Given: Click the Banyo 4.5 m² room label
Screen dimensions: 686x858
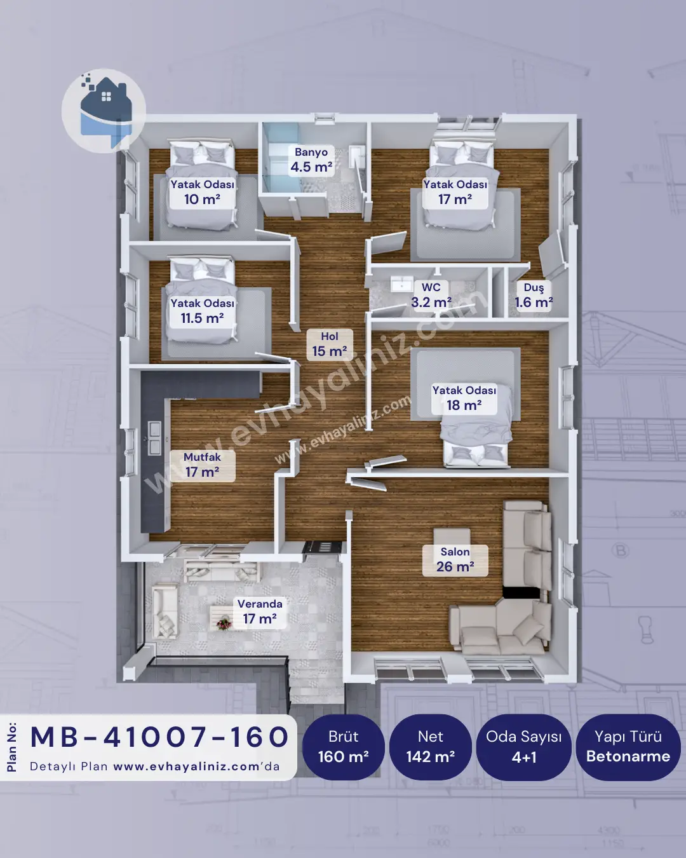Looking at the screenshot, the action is pyautogui.click(x=311, y=160).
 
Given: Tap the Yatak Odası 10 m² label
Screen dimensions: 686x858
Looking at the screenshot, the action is pyautogui.click(x=202, y=193).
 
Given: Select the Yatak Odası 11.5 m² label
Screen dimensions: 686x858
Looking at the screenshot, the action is pyautogui.click(x=202, y=311).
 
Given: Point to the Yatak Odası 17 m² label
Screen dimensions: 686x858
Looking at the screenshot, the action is pyautogui.click(x=455, y=193).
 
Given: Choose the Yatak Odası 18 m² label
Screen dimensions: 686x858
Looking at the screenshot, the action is pyautogui.click(x=464, y=398).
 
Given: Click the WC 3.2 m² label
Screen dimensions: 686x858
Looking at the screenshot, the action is pyautogui.click(x=431, y=296).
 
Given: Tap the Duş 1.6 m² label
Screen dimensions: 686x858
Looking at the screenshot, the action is pyautogui.click(x=534, y=296).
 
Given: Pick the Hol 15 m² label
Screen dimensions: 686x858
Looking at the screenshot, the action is pyautogui.click(x=330, y=344).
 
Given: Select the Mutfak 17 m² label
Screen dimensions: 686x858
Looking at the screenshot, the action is pyautogui.click(x=202, y=465).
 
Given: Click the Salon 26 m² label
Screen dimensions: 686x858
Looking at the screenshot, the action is pyautogui.click(x=455, y=560).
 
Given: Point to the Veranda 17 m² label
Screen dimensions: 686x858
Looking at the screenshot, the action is pyautogui.click(x=260, y=612).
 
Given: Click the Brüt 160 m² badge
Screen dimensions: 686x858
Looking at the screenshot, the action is pyautogui.click(x=343, y=747).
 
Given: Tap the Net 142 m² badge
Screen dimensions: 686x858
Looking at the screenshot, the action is pyautogui.click(x=431, y=747).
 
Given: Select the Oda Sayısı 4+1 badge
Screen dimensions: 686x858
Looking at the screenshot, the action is pyautogui.click(x=524, y=747).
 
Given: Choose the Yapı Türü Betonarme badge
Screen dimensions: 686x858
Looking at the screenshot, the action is pyautogui.click(x=628, y=747).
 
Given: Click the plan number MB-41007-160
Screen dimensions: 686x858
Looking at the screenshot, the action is pyautogui.click(x=159, y=737).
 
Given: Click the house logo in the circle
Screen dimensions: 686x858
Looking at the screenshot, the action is pyautogui.click(x=104, y=111).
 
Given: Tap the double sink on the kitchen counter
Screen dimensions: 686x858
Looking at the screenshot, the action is pyautogui.click(x=154, y=437).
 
